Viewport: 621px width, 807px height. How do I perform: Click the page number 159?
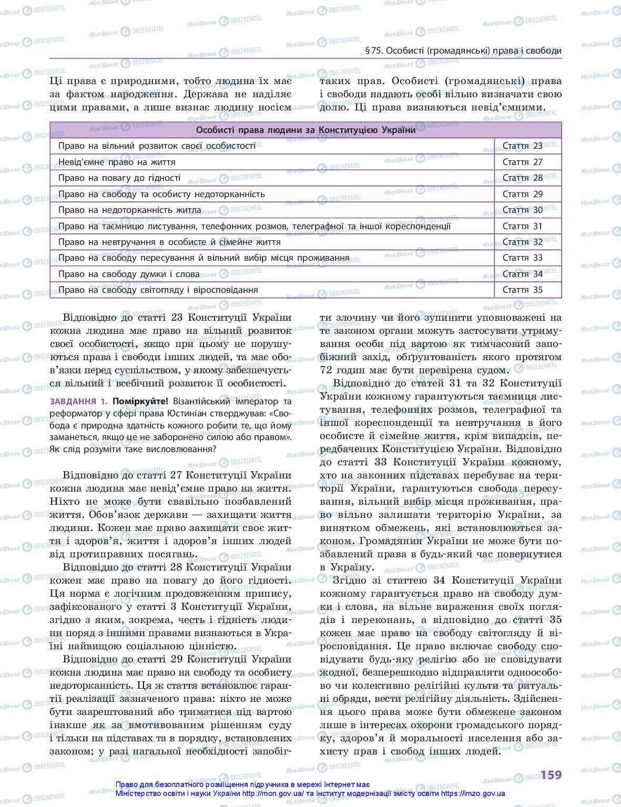click(x=551, y=774)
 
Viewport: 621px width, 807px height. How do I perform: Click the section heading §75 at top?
click(x=463, y=51)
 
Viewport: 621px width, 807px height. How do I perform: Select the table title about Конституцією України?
click(x=306, y=130)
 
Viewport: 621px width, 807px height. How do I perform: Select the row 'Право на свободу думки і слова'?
click(x=129, y=274)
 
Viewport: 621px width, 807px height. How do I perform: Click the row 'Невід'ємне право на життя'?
click(x=117, y=162)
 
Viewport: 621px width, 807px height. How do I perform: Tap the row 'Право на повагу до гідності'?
click(x=119, y=178)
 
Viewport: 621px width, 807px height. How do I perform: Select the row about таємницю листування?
click(x=254, y=226)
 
